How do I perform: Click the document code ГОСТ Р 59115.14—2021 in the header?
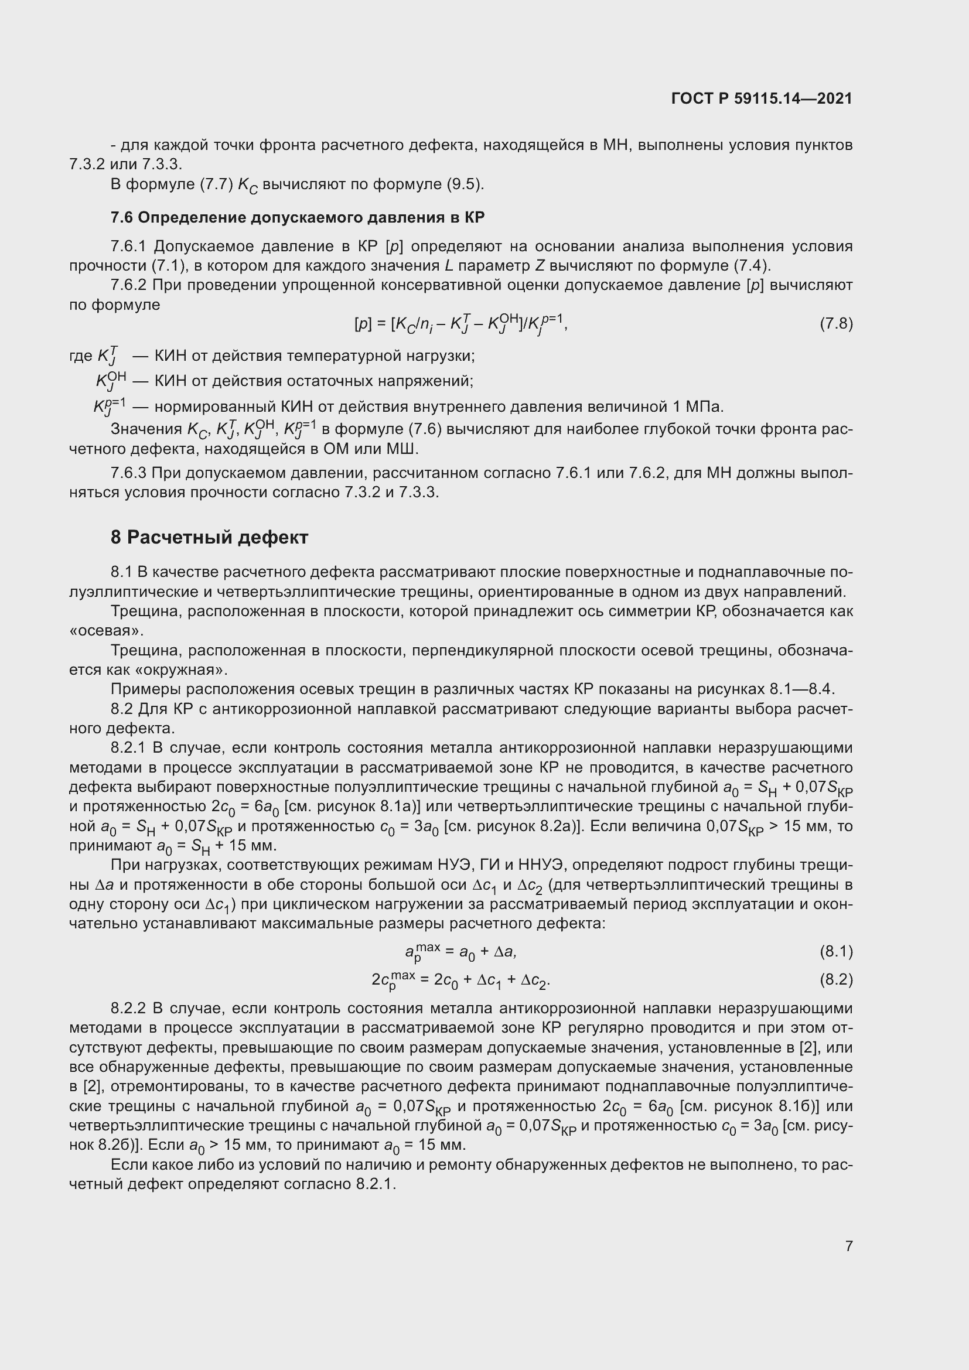(762, 98)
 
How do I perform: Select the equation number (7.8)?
(836, 324)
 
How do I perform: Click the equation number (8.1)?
(836, 952)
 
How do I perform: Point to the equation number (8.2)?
(836, 980)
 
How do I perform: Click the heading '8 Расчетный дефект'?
(209, 538)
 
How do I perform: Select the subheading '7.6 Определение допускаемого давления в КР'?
(297, 218)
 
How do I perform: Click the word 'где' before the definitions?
(80, 356)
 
